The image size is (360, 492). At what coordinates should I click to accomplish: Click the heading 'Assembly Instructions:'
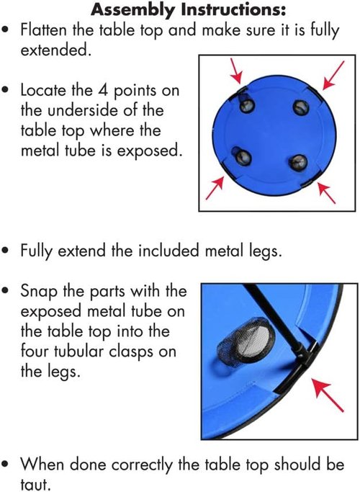(188, 9)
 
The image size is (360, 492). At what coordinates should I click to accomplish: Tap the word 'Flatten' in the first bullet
(44, 30)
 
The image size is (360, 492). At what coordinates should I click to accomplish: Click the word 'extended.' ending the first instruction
(56, 50)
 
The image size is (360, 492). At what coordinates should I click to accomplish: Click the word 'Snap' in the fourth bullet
(40, 292)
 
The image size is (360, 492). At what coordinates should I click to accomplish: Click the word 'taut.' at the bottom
(35, 483)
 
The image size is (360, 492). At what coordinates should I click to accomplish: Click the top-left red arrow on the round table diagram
(236, 71)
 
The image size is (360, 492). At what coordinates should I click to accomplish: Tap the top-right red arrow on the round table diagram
(333, 76)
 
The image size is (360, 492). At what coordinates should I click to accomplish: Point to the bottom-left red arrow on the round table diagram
(215, 187)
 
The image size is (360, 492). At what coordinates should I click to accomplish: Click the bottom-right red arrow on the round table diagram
(326, 192)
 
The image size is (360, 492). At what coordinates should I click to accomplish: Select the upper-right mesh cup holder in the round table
(301, 107)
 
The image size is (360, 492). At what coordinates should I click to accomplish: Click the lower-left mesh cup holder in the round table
(241, 156)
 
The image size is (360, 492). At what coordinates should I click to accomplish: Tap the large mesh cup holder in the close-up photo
(246, 339)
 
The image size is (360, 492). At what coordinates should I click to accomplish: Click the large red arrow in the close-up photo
(327, 395)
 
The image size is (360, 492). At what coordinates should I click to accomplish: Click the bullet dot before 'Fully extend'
(5, 251)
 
